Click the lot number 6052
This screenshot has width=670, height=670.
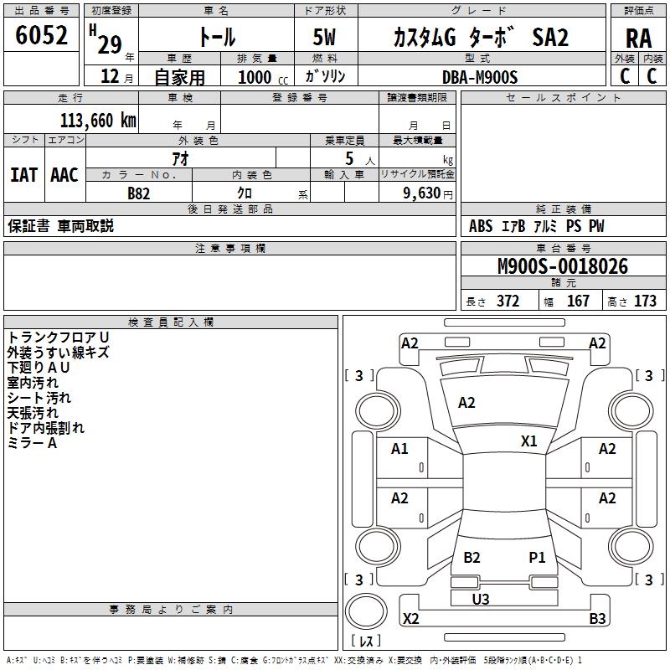[x=41, y=35]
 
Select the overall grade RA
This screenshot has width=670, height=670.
[x=638, y=39]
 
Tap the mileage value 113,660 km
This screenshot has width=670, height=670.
[x=98, y=121]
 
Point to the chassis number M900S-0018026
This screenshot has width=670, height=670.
[x=563, y=266]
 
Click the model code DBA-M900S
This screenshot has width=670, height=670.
[x=480, y=77]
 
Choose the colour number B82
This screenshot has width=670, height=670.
[x=138, y=193]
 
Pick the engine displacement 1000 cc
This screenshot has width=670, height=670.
[x=263, y=77]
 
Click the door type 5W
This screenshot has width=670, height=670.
[x=324, y=37]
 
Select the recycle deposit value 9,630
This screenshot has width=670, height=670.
[x=422, y=193]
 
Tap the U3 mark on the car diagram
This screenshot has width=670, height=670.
[x=481, y=599]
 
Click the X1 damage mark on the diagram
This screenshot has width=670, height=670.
[x=528, y=441]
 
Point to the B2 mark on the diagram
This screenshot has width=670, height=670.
[x=472, y=557]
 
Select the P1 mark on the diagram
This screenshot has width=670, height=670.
[x=537, y=557]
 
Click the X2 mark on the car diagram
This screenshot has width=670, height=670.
[x=410, y=618]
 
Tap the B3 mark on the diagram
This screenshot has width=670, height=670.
[x=597, y=618]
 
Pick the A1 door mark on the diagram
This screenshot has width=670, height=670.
[x=399, y=449]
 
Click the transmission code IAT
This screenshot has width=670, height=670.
[x=24, y=175]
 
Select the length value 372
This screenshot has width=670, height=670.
[x=508, y=301]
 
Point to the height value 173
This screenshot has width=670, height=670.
[x=645, y=301]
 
